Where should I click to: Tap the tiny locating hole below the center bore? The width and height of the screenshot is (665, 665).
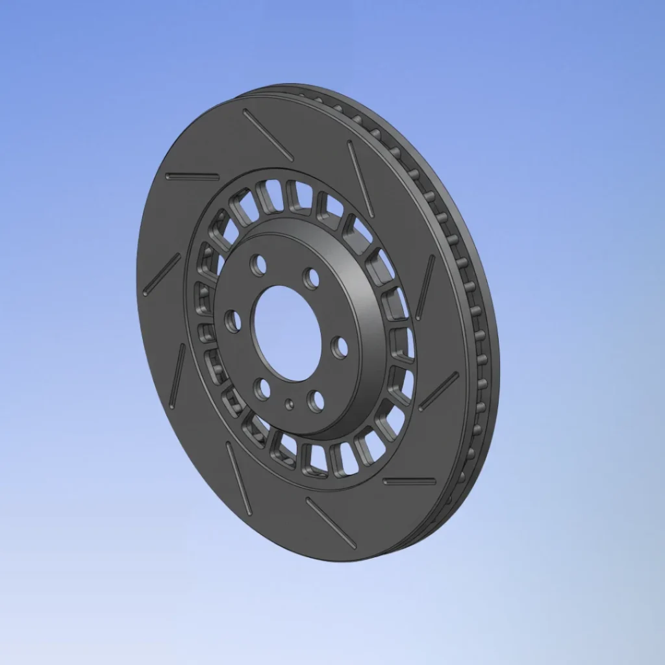click(290, 404)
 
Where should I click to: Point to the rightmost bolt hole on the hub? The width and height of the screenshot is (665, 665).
click(339, 347)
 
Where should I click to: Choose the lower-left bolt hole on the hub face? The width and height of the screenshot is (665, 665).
click(262, 388)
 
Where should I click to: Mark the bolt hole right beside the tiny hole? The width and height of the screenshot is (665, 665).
click(316, 401)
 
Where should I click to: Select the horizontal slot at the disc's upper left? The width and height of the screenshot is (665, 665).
click(192, 176)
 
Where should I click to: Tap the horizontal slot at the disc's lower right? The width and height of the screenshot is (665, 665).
click(409, 481)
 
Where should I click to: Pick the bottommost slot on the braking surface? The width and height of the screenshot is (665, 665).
click(331, 523)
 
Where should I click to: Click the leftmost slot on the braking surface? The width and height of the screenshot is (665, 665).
click(162, 275)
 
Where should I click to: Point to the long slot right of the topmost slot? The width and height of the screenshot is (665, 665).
click(360, 179)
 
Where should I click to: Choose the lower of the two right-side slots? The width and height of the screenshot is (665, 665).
click(439, 391)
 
